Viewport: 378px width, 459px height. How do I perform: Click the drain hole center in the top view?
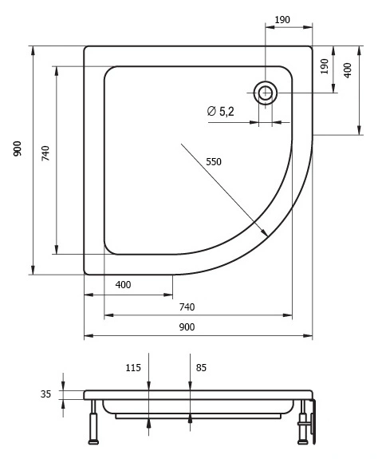point(266,93)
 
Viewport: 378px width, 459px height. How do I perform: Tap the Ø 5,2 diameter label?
point(220,112)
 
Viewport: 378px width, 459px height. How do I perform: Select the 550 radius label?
point(214,162)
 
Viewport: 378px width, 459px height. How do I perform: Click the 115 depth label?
point(133,368)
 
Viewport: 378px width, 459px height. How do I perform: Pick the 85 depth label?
point(201,368)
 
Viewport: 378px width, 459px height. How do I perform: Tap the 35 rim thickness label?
point(45,394)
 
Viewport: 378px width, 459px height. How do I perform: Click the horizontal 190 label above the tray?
point(282,20)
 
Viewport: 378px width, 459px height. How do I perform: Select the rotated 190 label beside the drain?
point(325,66)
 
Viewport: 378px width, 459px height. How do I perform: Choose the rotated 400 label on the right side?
point(348,70)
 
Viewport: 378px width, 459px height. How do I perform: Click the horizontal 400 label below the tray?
point(123,284)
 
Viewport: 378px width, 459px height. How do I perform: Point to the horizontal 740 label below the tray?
point(187,307)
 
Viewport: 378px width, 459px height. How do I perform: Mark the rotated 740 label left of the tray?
point(45,153)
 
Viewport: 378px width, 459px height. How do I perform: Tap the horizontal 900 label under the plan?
point(187,327)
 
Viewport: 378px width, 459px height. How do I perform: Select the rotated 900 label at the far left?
point(18,148)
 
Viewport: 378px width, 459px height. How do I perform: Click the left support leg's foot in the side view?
point(93,442)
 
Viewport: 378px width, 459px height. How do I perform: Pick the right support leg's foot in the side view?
point(302,442)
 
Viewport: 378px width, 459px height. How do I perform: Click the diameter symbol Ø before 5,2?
point(211,111)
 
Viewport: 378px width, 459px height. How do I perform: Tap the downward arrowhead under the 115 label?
point(149,386)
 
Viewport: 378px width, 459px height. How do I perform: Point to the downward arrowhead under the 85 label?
point(190,386)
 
